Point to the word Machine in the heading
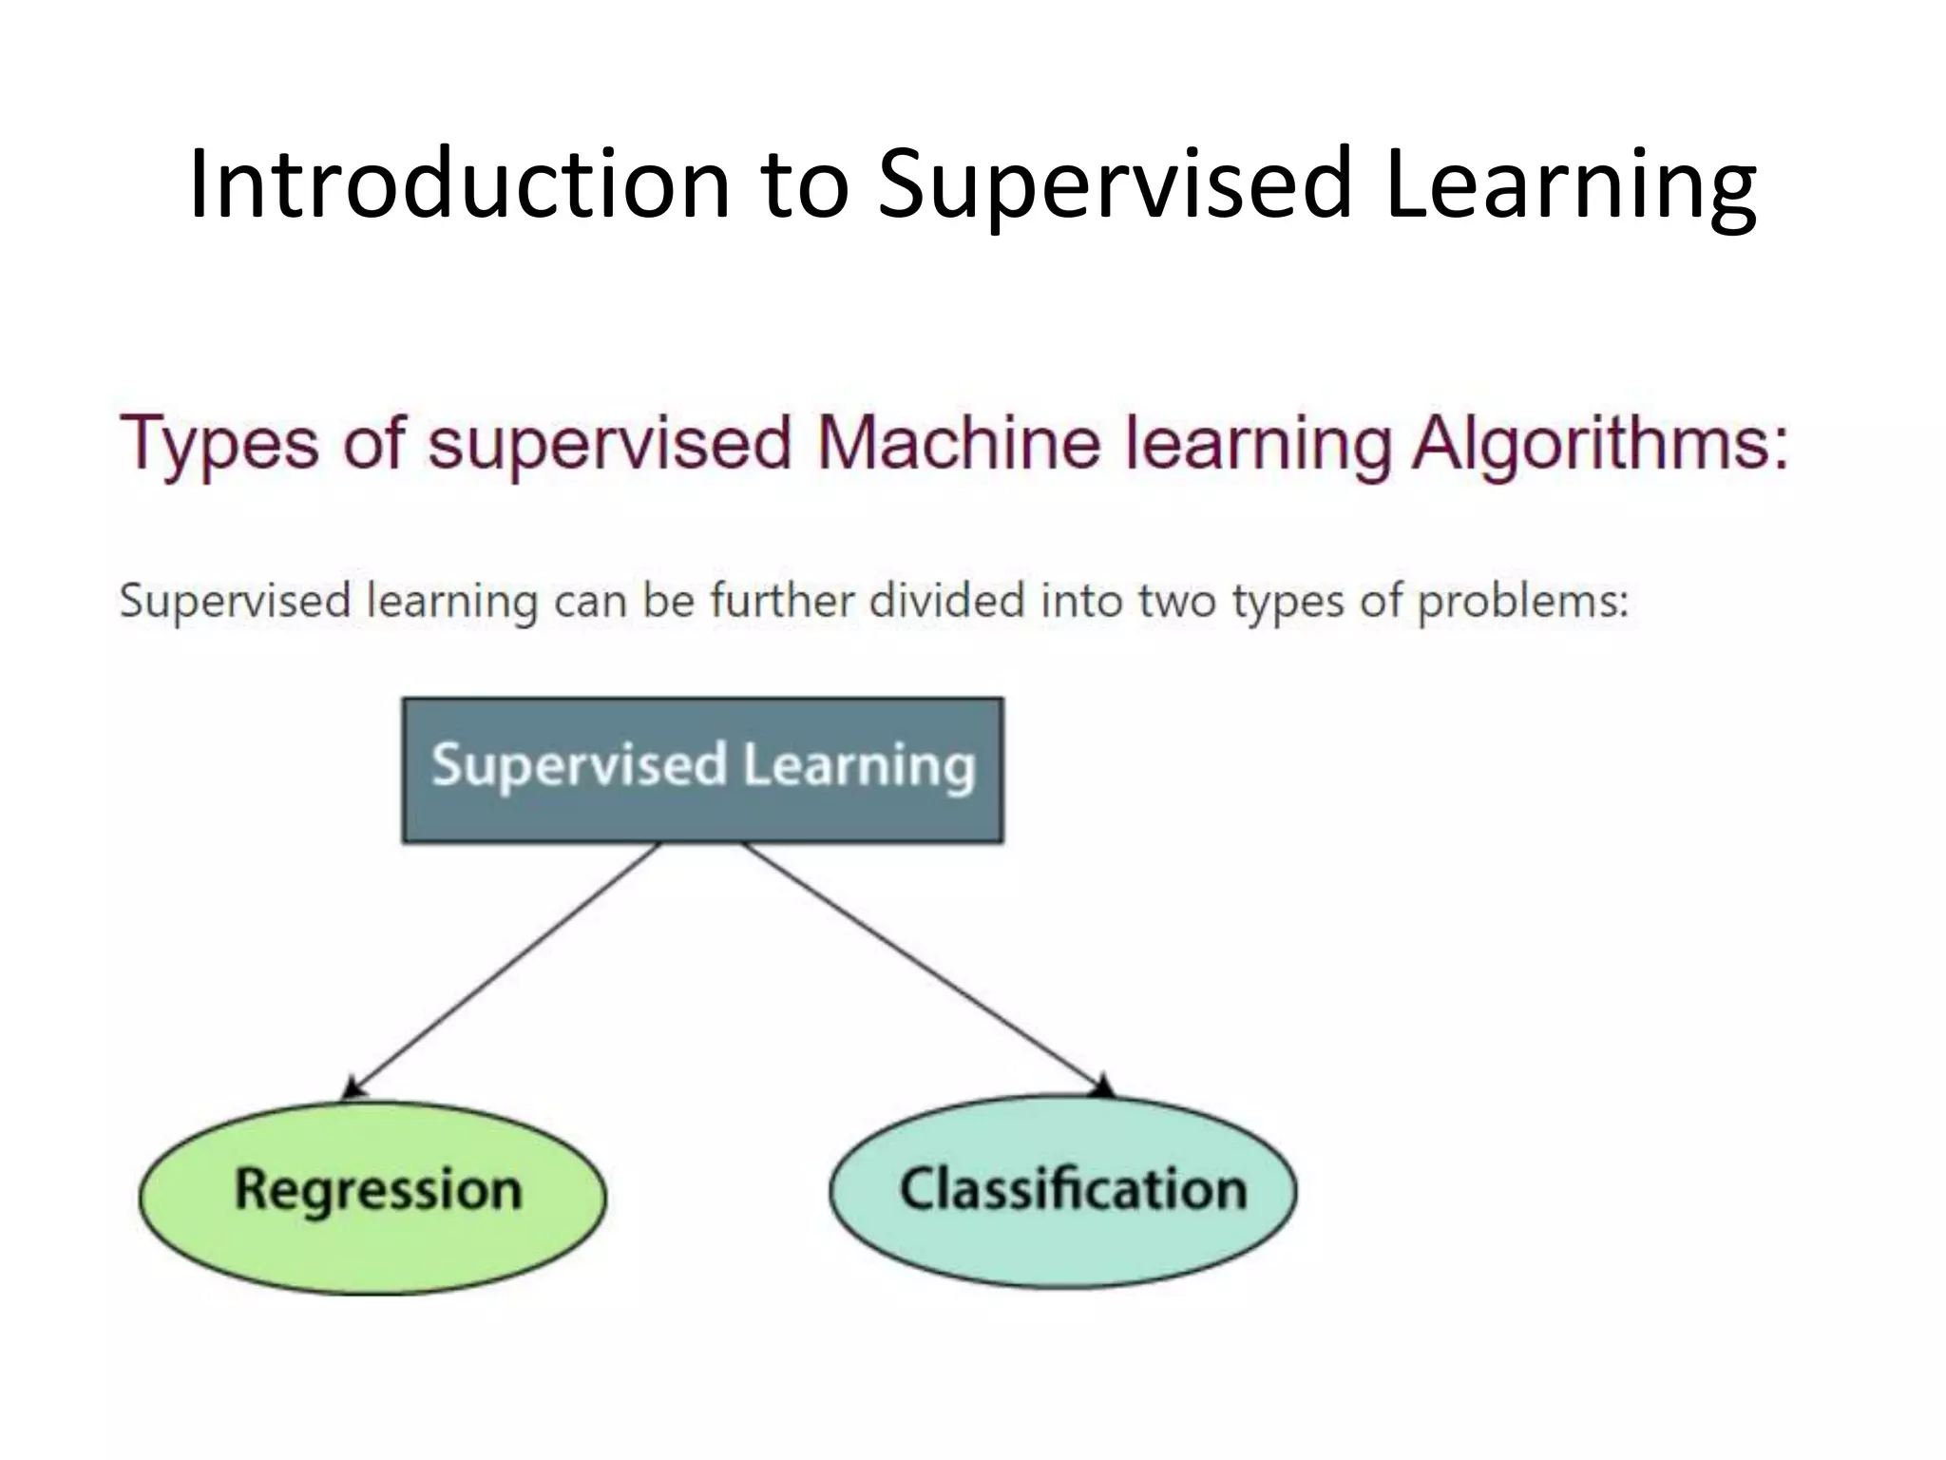pos(958,444)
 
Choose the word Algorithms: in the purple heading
pos(1599,444)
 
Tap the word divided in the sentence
pos(946,601)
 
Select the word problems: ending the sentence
pos(1522,603)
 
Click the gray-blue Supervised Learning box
pos(702,770)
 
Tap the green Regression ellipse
pos(372,1198)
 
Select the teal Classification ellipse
pos(1062,1192)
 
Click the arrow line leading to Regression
pos(504,970)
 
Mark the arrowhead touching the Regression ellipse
pos(353,1088)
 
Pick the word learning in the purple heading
pos(1257,444)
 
